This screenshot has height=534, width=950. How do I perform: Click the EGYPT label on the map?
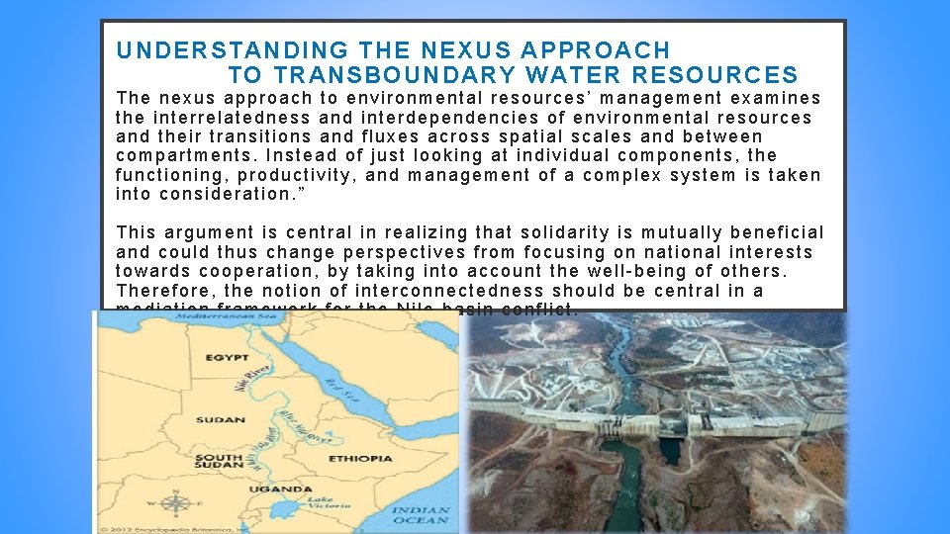(x=227, y=357)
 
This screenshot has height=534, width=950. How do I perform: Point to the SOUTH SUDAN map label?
(x=220, y=462)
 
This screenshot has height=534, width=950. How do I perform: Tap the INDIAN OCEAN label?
(x=421, y=515)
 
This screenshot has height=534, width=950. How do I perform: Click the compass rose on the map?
(x=175, y=504)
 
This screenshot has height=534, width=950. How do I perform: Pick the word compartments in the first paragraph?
(x=183, y=156)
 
